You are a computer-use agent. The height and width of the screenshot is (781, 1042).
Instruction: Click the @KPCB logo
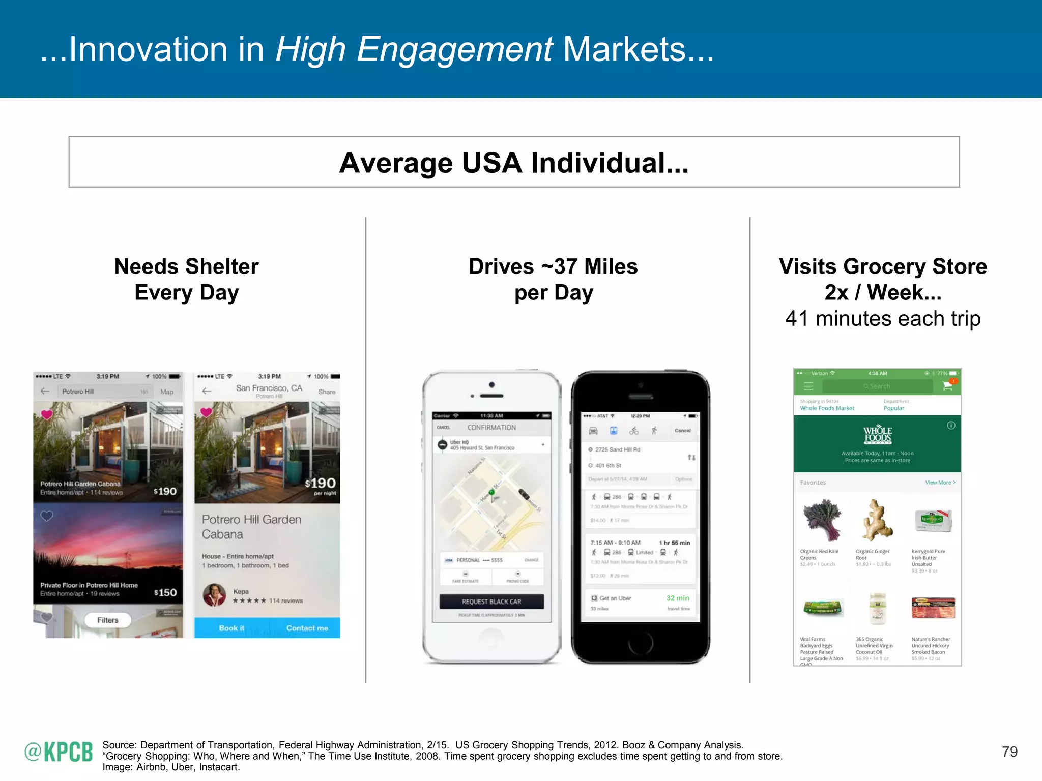pyautogui.click(x=59, y=752)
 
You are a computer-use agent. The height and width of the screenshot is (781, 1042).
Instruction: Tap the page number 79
pyautogui.click(x=1009, y=752)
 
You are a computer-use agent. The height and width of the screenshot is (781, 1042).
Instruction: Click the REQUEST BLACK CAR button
pyautogui.click(x=491, y=602)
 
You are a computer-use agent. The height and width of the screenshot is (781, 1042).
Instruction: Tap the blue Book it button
pyautogui.click(x=231, y=628)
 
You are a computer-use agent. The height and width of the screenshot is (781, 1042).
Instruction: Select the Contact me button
pyautogui.click(x=307, y=628)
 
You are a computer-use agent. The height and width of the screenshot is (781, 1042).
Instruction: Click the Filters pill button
pyautogui.click(x=108, y=620)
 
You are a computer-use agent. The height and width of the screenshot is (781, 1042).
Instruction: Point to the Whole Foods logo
pyautogui.click(x=877, y=435)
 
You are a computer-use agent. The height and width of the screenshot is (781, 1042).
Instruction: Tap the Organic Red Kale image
pyautogui.click(x=822, y=520)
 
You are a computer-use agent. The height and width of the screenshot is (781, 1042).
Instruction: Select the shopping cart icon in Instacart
pyautogui.click(x=947, y=386)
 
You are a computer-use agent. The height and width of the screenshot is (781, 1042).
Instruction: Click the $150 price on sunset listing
pyautogui.click(x=165, y=593)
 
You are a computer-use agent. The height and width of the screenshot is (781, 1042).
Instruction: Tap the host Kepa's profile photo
pyautogui.click(x=215, y=595)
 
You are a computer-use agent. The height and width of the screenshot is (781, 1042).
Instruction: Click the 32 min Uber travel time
pyautogui.click(x=678, y=598)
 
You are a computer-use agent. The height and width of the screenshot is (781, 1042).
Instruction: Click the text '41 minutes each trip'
pyautogui.click(x=883, y=319)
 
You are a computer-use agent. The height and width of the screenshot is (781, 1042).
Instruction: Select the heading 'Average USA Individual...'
pyautogui.click(x=514, y=163)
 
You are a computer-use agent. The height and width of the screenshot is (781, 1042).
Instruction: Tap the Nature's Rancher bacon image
pyautogui.click(x=933, y=608)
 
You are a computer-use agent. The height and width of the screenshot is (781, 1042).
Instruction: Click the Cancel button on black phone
pyautogui.click(x=682, y=431)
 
